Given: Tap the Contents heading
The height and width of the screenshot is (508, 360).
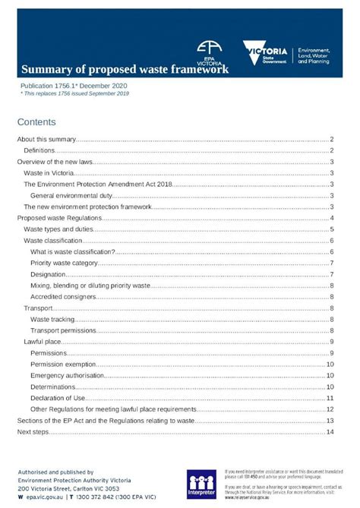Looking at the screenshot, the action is coord(36,121).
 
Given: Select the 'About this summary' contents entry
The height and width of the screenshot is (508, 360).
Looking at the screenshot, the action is coord(46,140).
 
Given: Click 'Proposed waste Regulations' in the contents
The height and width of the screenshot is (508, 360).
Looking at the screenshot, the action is coord(58,218).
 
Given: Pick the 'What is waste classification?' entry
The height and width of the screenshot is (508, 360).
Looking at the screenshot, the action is coord(73,251).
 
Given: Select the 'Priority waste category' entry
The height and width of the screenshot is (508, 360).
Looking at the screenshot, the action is coord(65,263).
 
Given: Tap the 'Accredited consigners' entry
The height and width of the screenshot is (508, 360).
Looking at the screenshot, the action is coord(63,296).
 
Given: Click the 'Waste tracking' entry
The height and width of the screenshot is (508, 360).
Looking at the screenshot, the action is coord(52,319).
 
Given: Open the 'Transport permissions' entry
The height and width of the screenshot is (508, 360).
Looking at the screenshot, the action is coord(63,330).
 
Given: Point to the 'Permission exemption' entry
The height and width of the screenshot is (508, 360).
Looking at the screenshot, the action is coord(64,364).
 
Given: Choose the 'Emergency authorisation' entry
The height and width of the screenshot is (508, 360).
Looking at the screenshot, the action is coord(68,375).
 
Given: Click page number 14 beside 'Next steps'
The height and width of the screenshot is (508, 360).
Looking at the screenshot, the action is coord(330,431).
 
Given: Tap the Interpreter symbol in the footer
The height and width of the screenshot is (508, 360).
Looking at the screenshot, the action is coord(202,484).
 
